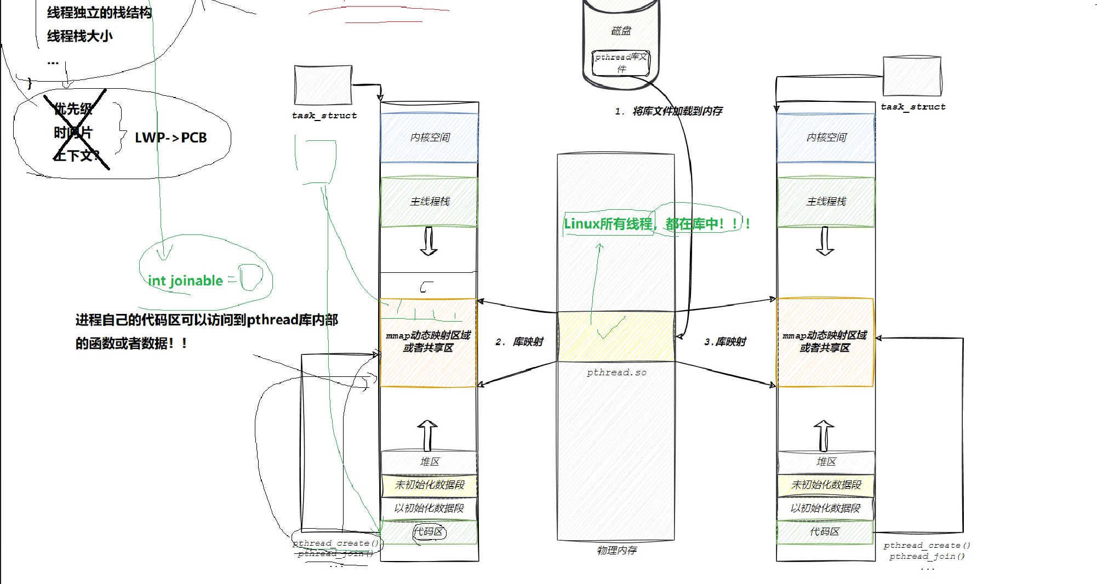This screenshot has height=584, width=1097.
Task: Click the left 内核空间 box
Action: [x=429, y=138]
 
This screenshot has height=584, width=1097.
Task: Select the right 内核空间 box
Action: [x=826, y=138]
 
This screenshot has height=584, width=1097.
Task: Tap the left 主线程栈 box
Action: [x=429, y=202]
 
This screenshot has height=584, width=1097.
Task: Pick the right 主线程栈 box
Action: [x=826, y=202]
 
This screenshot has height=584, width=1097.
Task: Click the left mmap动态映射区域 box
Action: [x=428, y=342]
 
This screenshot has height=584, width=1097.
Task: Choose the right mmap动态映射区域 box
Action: [x=825, y=342]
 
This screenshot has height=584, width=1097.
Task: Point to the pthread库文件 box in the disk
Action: [x=621, y=63]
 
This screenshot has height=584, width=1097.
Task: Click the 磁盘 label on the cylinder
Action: [x=621, y=31]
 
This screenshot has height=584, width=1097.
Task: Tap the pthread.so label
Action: [x=616, y=373]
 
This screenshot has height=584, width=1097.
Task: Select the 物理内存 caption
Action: [x=616, y=550]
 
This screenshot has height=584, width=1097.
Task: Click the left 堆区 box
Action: [x=429, y=462]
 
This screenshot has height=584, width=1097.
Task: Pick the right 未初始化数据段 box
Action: [x=826, y=485]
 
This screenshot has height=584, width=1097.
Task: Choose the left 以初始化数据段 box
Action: [x=429, y=508]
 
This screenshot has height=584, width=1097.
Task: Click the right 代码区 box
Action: [x=825, y=532]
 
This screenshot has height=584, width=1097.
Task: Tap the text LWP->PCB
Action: [x=171, y=138]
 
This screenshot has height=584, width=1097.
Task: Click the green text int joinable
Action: [x=185, y=281]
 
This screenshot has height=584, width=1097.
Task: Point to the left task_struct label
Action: [x=324, y=116]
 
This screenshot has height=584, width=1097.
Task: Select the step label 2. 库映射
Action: [x=519, y=342]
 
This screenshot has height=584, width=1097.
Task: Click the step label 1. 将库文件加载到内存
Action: [x=669, y=111]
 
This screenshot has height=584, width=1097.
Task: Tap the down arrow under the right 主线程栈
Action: [x=825, y=241]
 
